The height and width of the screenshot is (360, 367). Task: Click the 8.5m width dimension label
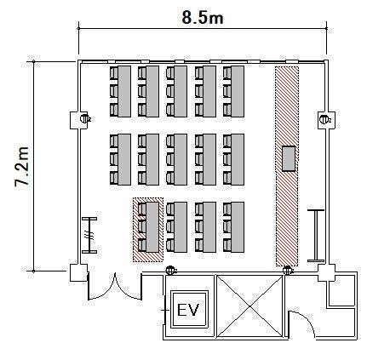203,18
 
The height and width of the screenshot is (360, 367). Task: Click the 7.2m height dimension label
21,166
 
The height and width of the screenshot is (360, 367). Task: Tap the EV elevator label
188,310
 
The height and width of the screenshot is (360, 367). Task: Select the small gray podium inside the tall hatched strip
289,158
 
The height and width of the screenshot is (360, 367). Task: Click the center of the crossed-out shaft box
249,306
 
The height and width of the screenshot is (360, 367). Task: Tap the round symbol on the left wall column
84,118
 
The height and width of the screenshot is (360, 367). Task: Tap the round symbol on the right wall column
324,119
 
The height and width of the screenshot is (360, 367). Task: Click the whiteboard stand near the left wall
89,235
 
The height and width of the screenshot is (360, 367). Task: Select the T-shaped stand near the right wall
316,236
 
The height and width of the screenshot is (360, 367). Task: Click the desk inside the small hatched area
152,227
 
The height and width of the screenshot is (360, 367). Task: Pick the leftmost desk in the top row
124,91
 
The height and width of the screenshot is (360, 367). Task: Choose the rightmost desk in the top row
238,91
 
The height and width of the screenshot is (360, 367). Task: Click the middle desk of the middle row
181,159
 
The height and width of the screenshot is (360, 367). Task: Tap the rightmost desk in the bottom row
238,227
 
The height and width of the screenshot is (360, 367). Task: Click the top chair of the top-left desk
114,73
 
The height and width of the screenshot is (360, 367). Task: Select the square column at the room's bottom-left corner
78,273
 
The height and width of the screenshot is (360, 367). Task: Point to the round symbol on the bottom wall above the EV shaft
170,270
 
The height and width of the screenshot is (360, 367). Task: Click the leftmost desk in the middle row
124,159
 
